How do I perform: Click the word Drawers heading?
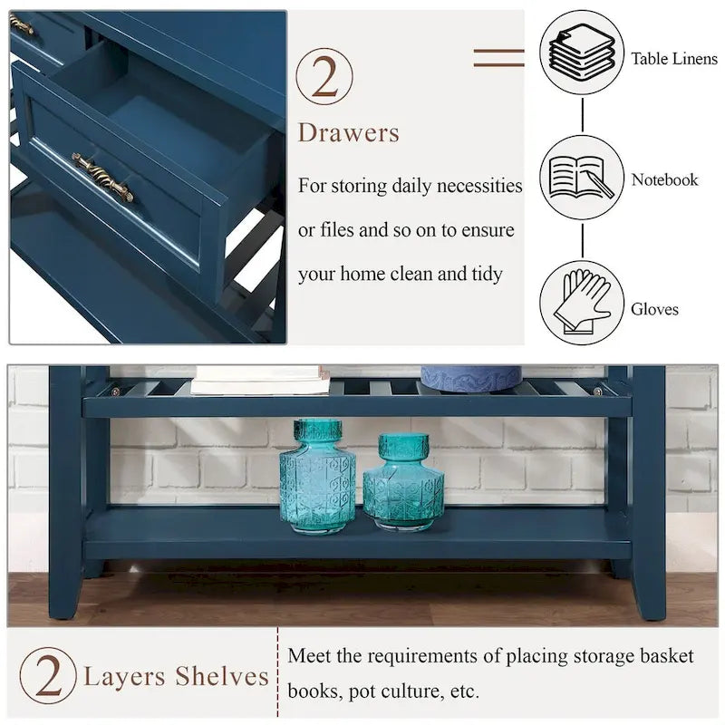[349, 133]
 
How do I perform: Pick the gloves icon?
[581, 303]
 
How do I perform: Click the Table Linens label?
[674, 60]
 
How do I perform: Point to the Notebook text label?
[664, 180]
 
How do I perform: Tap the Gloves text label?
[654, 310]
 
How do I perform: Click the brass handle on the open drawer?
[102, 177]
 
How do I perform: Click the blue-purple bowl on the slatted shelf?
[471, 378]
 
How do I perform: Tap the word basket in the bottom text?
[666, 655]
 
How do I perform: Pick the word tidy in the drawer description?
[484, 274]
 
